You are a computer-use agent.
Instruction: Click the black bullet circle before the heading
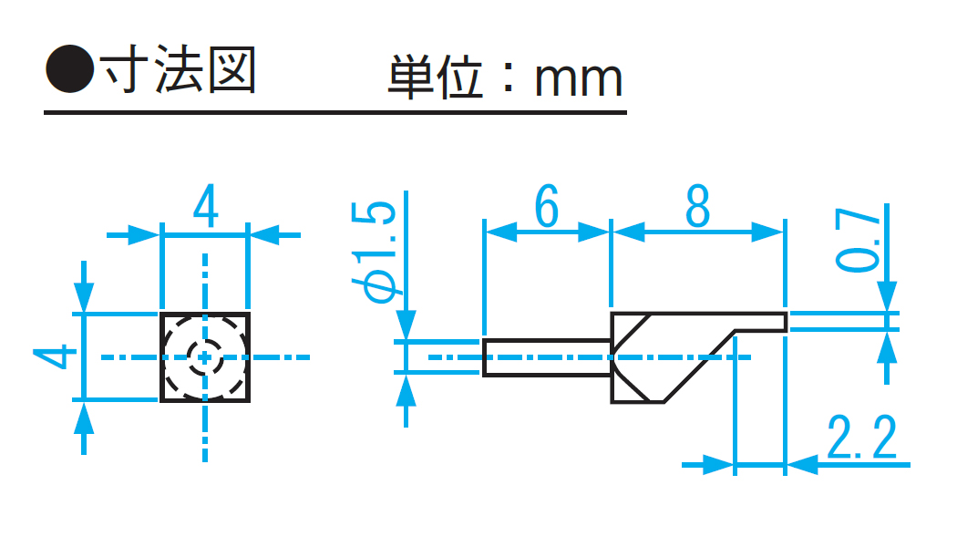69,69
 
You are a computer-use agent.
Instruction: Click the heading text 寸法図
179,69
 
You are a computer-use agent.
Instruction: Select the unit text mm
578,79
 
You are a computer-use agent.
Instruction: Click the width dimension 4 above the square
206,209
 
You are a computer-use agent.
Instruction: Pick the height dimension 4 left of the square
57,356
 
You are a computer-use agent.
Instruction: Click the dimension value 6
545,208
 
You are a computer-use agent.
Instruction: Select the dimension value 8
697,208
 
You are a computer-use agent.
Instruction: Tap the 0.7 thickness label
861,242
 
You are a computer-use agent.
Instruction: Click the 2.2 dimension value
862,439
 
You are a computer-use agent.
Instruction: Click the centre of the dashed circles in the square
205,356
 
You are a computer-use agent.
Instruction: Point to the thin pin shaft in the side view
545,357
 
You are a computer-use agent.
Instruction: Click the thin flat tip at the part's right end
760,322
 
